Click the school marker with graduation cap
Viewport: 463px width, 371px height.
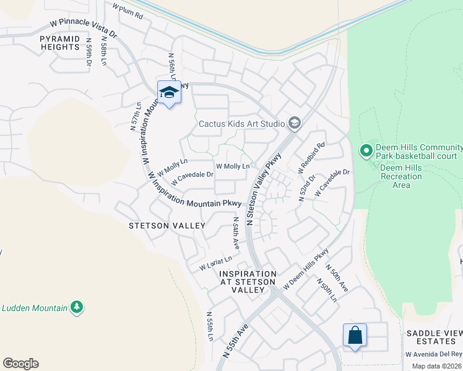[169, 93]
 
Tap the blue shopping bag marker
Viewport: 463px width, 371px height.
[355, 336]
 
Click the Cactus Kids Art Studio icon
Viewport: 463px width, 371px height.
[294, 123]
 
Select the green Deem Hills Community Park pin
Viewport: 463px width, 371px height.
[366, 150]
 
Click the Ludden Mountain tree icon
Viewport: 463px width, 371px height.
[77, 307]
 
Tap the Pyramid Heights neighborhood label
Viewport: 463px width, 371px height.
[60, 43]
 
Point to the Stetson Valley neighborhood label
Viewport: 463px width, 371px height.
[167, 226]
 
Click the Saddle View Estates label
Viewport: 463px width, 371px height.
[434, 337]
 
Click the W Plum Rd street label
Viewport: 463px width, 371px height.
[128, 11]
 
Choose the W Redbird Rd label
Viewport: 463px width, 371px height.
[312, 157]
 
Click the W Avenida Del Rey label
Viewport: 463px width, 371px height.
[433, 354]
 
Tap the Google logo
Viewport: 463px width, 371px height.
[20, 364]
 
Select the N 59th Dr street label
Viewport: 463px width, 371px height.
[89, 54]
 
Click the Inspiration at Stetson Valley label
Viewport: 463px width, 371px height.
[248, 281]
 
